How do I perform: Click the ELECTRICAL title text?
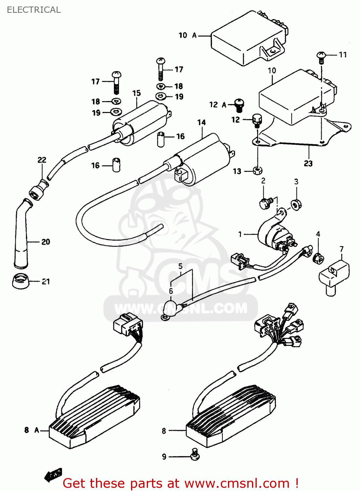tap(34, 10)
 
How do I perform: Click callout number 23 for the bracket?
tap(308, 163)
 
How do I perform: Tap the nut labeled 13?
tap(258, 170)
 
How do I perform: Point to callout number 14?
tap(201, 122)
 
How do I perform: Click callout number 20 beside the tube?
tap(46, 242)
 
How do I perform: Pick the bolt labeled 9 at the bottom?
tap(195, 455)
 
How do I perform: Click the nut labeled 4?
tap(318, 258)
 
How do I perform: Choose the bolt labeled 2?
tap(265, 203)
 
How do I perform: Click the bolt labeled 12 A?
tap(239, 105)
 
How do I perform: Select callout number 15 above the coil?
tap(137, 93)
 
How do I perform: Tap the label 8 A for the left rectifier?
tap(32, 430)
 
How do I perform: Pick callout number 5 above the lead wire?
tap(180, 266)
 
